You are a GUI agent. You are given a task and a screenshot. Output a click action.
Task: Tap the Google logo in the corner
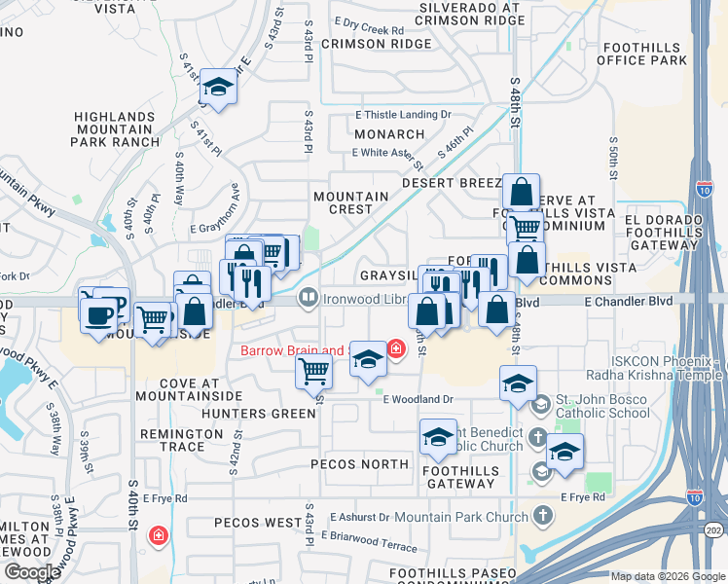tap(32, 572)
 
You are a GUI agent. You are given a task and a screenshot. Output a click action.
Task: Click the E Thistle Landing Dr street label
tap(404, 114)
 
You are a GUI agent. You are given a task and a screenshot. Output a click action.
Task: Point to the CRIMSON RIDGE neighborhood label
tap(376, 44)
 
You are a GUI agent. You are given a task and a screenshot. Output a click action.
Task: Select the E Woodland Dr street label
tap(419, 399)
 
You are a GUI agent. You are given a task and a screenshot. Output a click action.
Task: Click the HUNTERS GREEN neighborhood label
tap(258, 414)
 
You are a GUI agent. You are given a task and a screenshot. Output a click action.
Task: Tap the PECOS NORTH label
tap(359, 464)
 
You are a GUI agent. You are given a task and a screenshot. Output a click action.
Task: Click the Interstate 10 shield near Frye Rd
tap(694, 495)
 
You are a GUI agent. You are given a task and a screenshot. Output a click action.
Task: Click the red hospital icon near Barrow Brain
tap(396, 347)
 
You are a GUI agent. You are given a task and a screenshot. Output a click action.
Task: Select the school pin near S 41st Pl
tap(219, 90)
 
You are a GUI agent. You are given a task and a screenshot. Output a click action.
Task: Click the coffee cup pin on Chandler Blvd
tap(98, 315)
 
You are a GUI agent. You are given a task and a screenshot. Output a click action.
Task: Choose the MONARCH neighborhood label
tap(389, 134)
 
